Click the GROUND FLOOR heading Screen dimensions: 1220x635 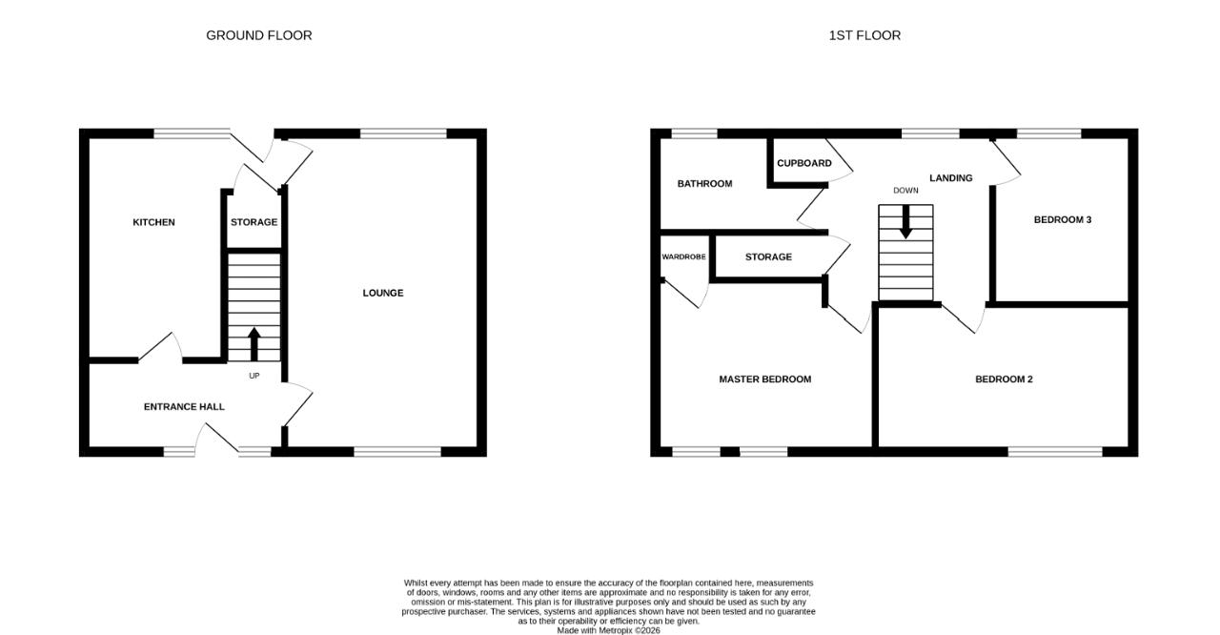pos(258,35)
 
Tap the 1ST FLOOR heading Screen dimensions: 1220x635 pos(864,35)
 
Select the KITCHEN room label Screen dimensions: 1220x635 pos(153,222)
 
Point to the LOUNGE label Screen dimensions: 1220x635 pos(383,293)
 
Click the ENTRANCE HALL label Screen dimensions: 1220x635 pos(184,407)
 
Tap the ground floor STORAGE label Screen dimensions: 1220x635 pos(254,222)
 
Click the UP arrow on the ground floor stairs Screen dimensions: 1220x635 pos(254,343)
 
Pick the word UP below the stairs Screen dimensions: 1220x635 pos(254,376)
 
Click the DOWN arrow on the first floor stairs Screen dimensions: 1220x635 pos(905,221)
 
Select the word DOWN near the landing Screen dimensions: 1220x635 pos(905,191)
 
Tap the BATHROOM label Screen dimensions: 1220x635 pos(704,184)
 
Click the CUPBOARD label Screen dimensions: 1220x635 pos(803,163)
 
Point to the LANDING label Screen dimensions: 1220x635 pos(950,178)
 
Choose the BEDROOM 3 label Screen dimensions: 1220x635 pos(1062,220)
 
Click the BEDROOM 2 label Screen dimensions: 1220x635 pos(1004,379)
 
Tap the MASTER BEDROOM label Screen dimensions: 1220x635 pos(764,379)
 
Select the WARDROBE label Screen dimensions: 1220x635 pos(683,257)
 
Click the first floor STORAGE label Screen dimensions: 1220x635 pos(768,257)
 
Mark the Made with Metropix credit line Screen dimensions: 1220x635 pos(608,630)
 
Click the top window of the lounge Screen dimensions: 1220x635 pos(403,133)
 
